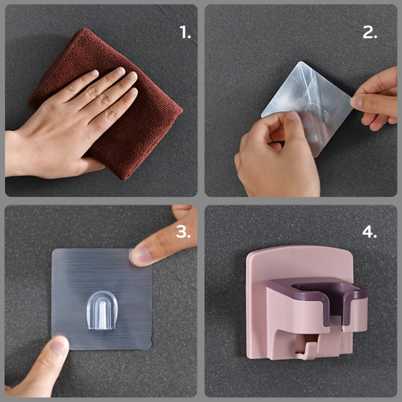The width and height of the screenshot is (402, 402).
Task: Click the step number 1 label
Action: click(185, 32)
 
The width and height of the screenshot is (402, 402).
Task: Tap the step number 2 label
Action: click(370, 32)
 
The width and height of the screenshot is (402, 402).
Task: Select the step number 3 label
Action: click(183, 232)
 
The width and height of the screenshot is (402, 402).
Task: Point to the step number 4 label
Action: click(369, 232)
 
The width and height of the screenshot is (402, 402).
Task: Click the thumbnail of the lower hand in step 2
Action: click(292, 116)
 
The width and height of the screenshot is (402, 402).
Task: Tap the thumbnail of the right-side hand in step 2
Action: click(356, 102)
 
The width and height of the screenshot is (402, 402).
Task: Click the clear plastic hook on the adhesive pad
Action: click(102, 310)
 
